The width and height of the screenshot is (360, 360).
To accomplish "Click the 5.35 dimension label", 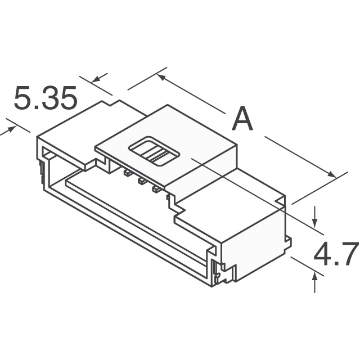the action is tap(46, 97).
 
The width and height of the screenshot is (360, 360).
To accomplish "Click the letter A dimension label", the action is tap(242, 119).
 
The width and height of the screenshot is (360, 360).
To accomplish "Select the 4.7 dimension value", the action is tap(336, 254).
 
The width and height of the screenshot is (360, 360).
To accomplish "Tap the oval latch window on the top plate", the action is tap(154, 151).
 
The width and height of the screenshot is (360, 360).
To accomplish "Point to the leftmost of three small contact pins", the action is tap(127, 173).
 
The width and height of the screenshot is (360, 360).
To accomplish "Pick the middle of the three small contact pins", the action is tap(141, 181).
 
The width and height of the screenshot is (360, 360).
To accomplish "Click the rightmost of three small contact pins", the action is tap(156, 189).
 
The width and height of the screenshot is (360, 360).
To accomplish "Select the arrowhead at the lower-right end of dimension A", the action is tap(332, 174).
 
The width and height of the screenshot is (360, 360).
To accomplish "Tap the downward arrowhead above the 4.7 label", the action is tap(315, 222).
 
